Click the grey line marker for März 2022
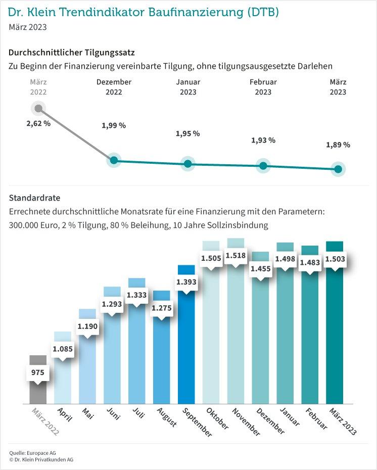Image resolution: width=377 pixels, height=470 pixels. [38, 108]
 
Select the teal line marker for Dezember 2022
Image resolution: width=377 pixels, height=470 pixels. [114, 160]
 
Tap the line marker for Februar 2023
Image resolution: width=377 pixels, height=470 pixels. [263, 165]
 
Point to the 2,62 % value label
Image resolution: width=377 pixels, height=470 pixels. [38, 124]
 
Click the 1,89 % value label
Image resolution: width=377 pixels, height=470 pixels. [339, 145]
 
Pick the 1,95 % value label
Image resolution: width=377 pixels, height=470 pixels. [187, 134]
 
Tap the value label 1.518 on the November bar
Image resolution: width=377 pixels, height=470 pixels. [236, 256]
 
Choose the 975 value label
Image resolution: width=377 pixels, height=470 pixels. [38, 372]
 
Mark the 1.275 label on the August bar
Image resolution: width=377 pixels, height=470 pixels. [162, 308]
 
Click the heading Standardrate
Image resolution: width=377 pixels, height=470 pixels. [34, 198]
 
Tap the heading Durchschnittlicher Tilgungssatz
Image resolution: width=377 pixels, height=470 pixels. [72, 52]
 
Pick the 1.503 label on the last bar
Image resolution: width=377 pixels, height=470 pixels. [335, 259]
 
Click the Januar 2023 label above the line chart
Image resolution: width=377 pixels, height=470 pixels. [188, 87]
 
